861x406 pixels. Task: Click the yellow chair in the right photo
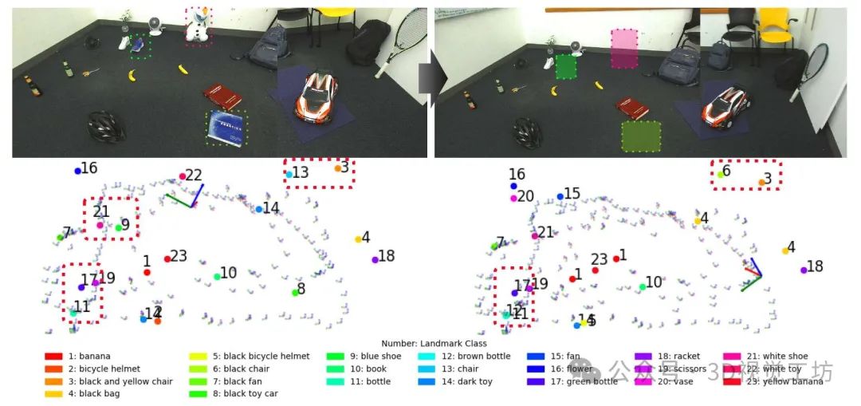pyautogui.click(x=775, y=26)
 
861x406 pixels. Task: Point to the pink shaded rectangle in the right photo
pyautogui.click(x=624, y=49)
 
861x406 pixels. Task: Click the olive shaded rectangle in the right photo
pyautogui.click(x=641, y=136)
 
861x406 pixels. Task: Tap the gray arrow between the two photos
pyautogui.click(x=428, y=80)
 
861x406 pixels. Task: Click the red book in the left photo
pyautogui.click(x=222, y=97)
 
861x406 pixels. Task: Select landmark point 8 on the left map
pyautogui.click(x=295, y=292)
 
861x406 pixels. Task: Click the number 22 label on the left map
pyautogui.click(x=194, y=175)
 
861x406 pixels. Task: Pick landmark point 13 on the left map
pyautogui.click(x=289, y=174)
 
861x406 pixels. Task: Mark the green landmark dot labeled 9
pyautogui.click(x=119, y=227)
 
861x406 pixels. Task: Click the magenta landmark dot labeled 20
pyautogui.click(x=514, y=198)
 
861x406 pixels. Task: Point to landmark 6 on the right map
pyautogui.click(x=721, y=173)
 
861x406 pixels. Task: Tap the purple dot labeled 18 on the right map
pyautogui.click(x=804, y=270)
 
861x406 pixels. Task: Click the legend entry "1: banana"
pyautogui.click(x=78, y=357)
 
